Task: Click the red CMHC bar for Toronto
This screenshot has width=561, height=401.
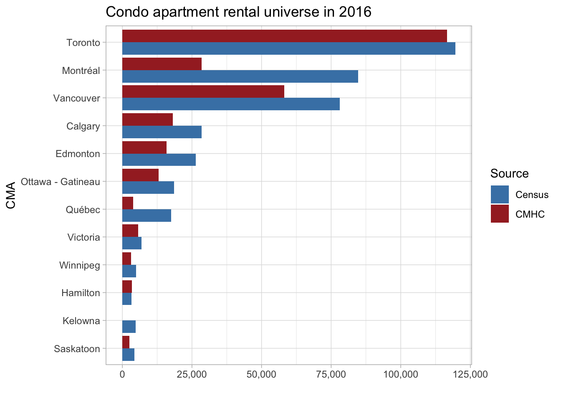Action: (x=284, y=36)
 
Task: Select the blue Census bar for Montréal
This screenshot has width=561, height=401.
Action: (x=240, y=76)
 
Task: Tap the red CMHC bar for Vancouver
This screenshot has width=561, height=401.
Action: (x=203, y=91)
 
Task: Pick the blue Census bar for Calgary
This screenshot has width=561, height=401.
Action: (x=162, y=132)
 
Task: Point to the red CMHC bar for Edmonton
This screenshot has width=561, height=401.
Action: (x=144, y=147)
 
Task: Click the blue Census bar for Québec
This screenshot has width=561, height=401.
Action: (x=147, y=216)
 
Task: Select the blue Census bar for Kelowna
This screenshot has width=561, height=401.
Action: (x=129, y=327)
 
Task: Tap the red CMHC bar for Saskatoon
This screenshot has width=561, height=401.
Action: (x=126, y=342)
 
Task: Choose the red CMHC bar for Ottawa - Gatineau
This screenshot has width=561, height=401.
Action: (x=140, y=175)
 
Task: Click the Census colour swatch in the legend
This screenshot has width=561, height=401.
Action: (x=500, y=194)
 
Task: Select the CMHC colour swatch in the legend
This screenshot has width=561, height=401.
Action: (x=500, y=214)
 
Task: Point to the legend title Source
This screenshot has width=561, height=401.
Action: (x=509, y=173)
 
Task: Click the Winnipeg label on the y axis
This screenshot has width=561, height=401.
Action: (x=80, y=265)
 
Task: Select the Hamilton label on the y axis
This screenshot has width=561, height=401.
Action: (x=81, y=293)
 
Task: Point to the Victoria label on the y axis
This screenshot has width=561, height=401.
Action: (x=83, y=237)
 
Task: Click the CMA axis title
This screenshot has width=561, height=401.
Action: (x=11, y=195)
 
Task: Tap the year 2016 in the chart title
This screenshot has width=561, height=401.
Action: (x=355, y=12)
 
